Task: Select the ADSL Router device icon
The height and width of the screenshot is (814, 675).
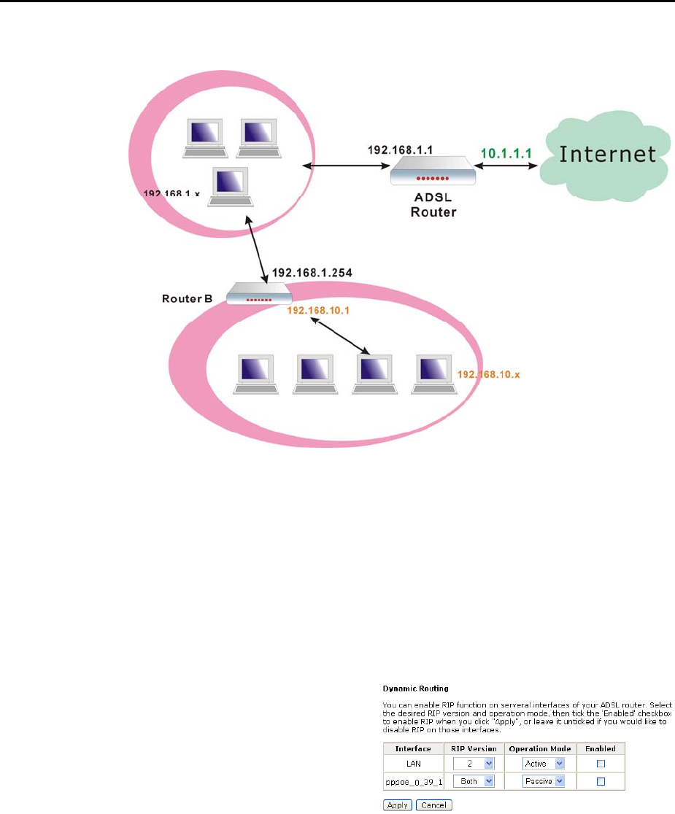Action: pyautogui.click(x=433, y=174)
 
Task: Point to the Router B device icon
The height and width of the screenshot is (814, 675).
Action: pyautogui.click(x=258, y=295)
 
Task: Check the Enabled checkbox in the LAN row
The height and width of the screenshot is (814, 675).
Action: pyautogui.click(x=601, y=764)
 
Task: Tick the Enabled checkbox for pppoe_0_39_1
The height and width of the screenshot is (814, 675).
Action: pyautogui.click(x=601, y=780)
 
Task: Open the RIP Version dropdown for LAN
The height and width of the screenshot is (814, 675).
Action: pyautogui.click(x=475, y=764)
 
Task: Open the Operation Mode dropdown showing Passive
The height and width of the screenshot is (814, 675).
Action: pyautogui.click(x=544, y=780)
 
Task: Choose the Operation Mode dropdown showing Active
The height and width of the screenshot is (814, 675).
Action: pyautogui.click(x=544, y=764)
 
